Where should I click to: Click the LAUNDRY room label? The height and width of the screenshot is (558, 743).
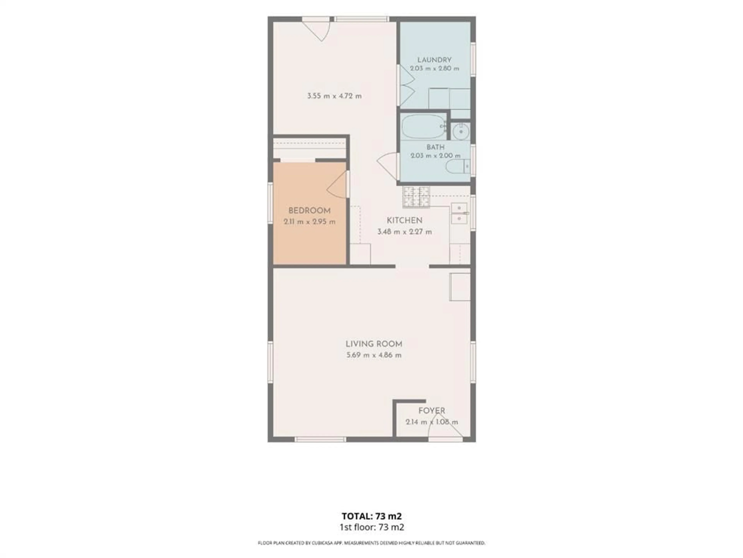(434, 60)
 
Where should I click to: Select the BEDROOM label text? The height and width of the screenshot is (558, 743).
(309, 211)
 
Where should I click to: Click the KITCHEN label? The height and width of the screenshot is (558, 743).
(404, 220)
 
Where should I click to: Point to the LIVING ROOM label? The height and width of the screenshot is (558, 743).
(374, 344)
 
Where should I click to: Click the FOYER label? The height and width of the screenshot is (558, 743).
(432, 411)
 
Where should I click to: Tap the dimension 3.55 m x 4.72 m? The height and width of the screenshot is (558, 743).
(334, 96)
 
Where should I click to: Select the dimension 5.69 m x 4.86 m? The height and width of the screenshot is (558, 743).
(374, 355)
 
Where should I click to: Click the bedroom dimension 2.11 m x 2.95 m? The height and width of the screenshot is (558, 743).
(309, 222)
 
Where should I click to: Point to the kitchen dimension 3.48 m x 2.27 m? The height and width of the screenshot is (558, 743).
(404, 232)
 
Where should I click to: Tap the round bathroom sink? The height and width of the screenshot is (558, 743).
(460, 131)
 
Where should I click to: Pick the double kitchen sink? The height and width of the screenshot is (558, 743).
(459, 213)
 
